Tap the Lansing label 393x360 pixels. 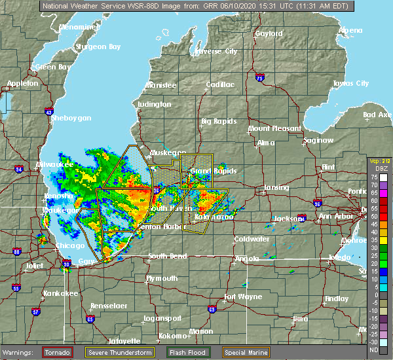[276, 188]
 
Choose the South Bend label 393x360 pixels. [167, 256]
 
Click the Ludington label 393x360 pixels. [155, 104]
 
